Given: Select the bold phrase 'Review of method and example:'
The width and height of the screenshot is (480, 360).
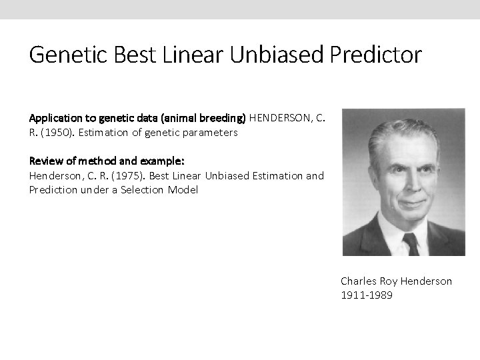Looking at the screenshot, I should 107,161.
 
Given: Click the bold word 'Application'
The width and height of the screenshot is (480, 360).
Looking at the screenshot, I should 53,118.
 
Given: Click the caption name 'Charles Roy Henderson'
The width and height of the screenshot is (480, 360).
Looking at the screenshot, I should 396,281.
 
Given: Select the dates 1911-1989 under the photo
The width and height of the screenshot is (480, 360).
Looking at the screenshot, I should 367,295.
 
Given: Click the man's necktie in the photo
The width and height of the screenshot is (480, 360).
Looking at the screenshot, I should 410,243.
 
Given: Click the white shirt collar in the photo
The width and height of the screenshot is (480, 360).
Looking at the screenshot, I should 393,230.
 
